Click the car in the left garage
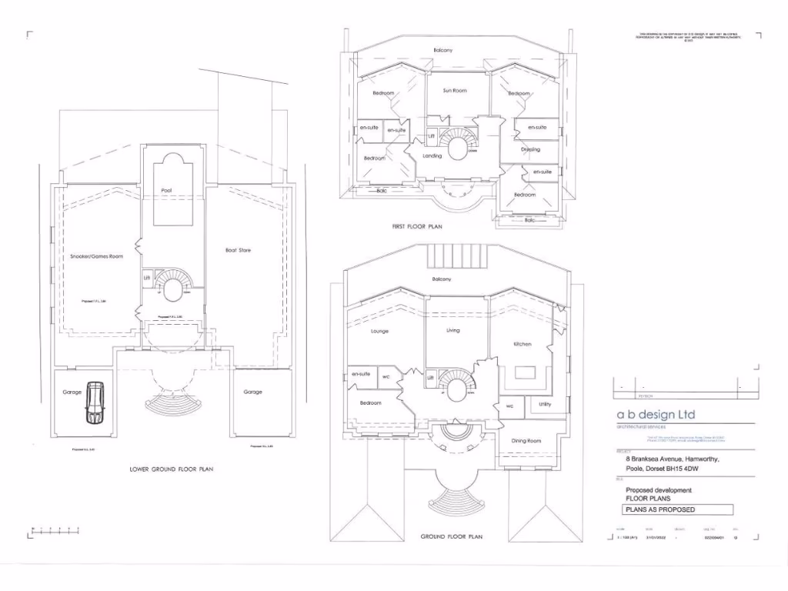click(95, 402)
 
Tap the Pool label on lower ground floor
click(166, 190)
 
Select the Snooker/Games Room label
click(96, 256)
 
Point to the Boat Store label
click(238, 250)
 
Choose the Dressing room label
click(529, 149)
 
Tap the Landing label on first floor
click(432, 156)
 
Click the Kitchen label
click(522, 344)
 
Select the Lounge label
click(379, 331)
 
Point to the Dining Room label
click(526, 441)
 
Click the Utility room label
click(545, 403)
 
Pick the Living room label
click(452, 330)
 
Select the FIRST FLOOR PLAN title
click(417, 227)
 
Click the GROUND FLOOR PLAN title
click(451, 536)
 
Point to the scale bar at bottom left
click(55, 530)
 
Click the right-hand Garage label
click(252, 392)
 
